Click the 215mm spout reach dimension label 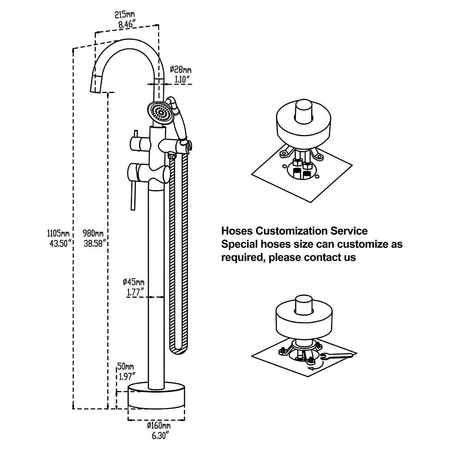click(x=124, y=15)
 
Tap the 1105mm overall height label click(x=58, y=233)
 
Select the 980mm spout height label click(x=93, y=233)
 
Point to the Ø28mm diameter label click(x=180, y=70)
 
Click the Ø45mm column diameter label click(x=133, y=282)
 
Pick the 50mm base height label click(x=125, y=366)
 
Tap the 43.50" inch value click(x=60, y=244)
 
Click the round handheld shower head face click(x=160, y=113)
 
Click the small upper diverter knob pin click(x=135, y=135)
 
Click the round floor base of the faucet click(x=156, y=395)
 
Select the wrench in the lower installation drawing click(x=336, y=355)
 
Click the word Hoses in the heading click(x=237, y=231)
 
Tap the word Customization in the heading click(x=291, y=231)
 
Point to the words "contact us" click(x=330, y=257)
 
